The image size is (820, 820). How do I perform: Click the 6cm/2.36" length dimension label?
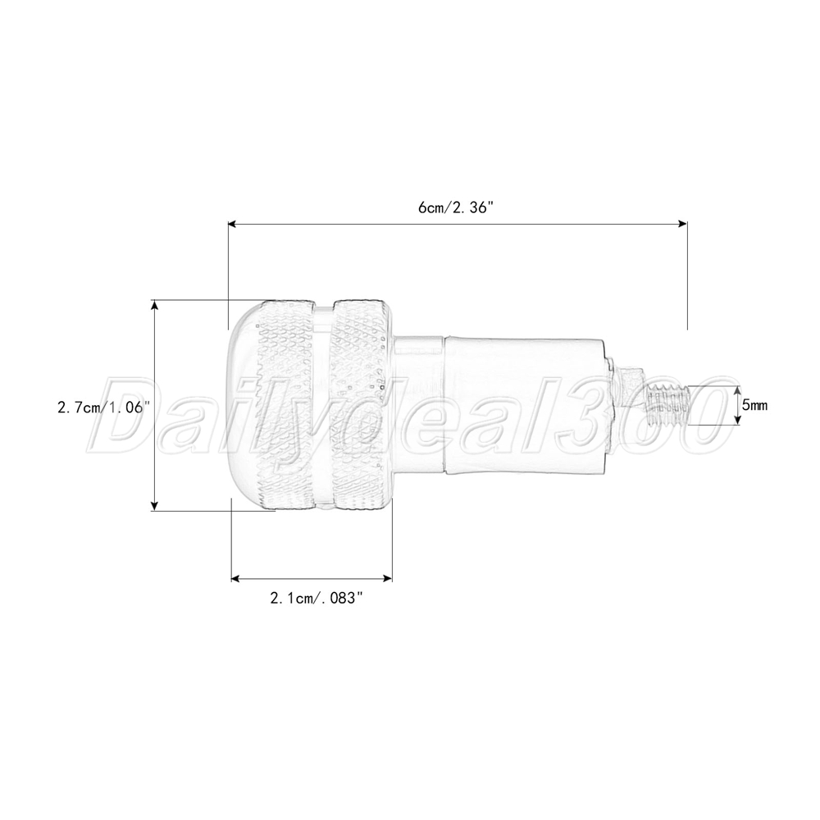(456, 207)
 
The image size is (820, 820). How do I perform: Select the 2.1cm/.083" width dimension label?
(317, 598)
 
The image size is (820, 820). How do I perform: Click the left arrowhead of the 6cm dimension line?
(233, 224)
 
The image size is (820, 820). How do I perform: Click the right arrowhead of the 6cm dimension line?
(682, 224)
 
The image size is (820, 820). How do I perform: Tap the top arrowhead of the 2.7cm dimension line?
(154, 305)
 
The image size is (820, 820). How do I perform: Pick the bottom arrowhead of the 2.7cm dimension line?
(154, 505)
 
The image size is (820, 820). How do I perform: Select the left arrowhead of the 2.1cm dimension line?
(236, 578)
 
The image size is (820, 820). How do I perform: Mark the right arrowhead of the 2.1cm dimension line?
(388, 578)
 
